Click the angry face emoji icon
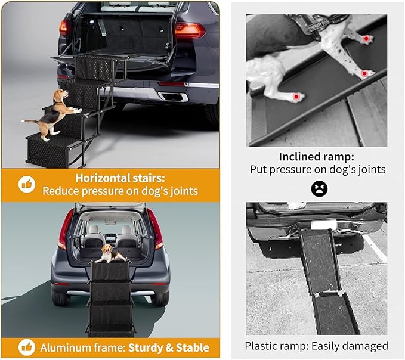[x=319, y=189]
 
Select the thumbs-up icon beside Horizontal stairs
[x=27, y=184]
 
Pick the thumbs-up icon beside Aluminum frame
[x=27, y=347]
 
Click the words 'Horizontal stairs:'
[x=120, y=178]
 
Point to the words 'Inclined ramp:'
[x=316, y=156]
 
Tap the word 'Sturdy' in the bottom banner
[x=145, y=348]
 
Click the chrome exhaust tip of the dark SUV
[x=174, y=97]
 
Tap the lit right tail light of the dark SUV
[x=189, y=31]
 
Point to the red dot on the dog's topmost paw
[x=366, y=39]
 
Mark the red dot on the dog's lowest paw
[x=296, y=97]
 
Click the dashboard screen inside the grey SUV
[x=111, y=237]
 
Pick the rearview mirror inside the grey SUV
[x=111, y=222]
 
